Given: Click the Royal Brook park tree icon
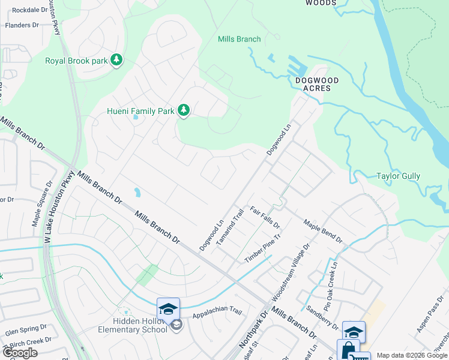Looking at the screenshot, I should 116,60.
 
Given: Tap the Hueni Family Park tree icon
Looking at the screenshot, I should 184,110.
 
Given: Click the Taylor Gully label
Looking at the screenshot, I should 398,176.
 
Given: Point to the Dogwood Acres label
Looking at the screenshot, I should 317,84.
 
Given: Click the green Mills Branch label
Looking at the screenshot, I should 239,40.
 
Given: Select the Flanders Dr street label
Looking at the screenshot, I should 22,25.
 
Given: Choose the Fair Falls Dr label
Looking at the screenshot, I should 265,217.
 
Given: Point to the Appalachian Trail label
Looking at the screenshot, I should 217,313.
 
